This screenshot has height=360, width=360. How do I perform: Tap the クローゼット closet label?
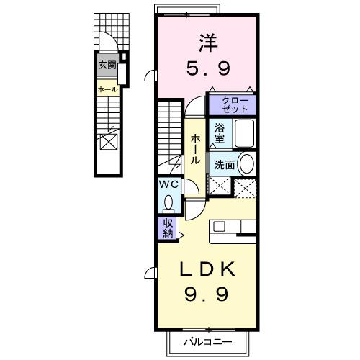coord(232,104)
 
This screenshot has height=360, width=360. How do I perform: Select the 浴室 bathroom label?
coord(220,132)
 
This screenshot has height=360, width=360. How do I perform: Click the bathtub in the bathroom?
coord(243,133)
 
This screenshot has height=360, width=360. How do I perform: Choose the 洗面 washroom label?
coord(223,164)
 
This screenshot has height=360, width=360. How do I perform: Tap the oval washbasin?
coord(246,163)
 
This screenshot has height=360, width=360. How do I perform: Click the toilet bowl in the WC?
coord(167,204)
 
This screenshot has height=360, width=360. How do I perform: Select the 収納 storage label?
coord(167,228)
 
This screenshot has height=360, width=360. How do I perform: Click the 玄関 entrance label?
coord(107,65)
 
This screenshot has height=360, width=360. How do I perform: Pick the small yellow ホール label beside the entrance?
coord(107,90)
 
